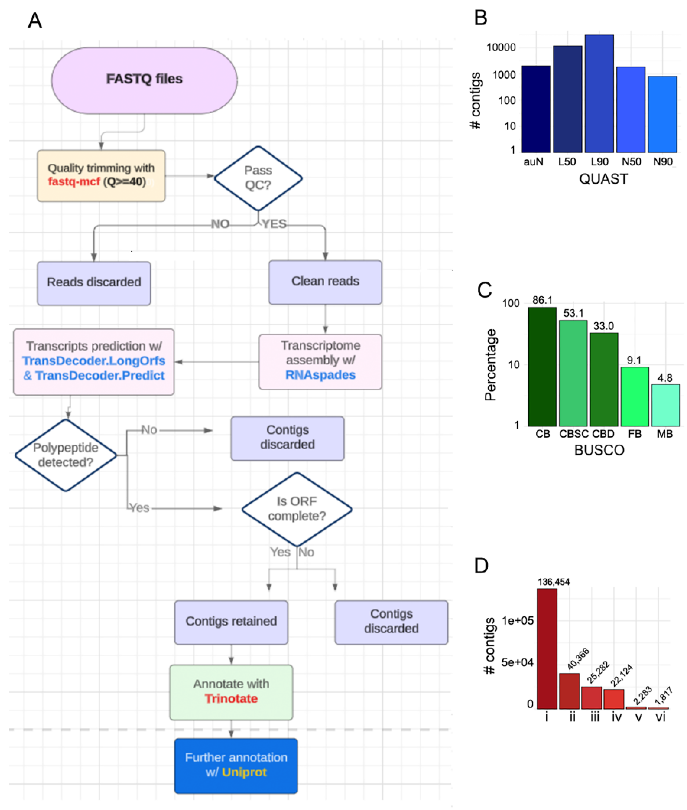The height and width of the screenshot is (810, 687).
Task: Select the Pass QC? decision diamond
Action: coord(258,178)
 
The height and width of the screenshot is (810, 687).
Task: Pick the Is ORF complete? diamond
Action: coord(297,509)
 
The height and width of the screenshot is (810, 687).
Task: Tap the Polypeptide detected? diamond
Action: coord(66,455)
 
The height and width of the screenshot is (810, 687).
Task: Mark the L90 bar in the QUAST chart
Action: coord(599,94)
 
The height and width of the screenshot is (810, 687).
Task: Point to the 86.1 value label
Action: coord(542,300)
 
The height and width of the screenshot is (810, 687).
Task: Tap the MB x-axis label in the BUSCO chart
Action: coord(665,434)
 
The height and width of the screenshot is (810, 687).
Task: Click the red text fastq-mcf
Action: coord(74,182)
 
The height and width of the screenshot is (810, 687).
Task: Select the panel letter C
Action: coord(484,290)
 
